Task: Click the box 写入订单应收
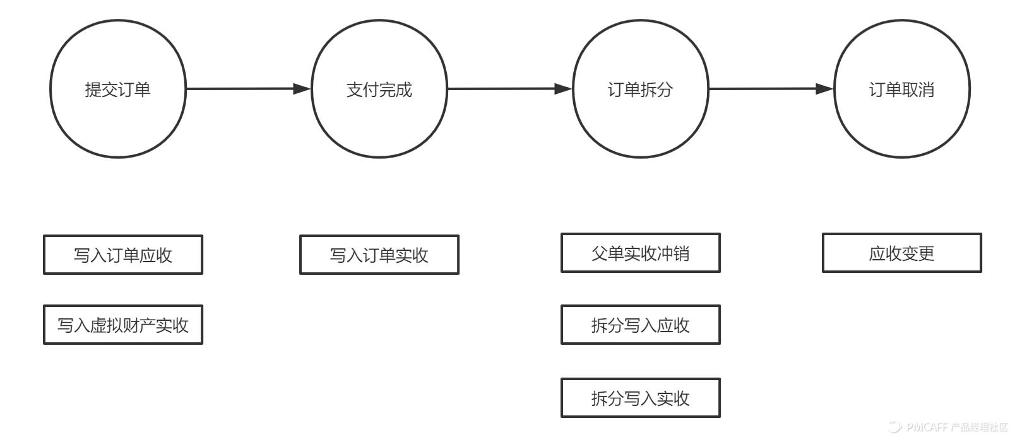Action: (x=123, y=255)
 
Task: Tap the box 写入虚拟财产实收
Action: (x=123, y=325)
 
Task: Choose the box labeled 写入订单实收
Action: (x=379, y=255)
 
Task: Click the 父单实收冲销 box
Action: (x=641, y=253)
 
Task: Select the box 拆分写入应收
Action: (x=641, y=325)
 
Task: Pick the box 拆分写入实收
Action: (x=641, y=398)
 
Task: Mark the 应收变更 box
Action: (x=902, y=253)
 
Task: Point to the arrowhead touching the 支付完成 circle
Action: (x=302, y=89)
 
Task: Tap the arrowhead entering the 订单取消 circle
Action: (x=825, y=89)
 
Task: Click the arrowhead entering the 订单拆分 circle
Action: (x=564, y=89)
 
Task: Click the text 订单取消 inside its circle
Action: (x=902, y=90)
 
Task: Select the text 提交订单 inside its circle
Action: (x=118, y=90)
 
